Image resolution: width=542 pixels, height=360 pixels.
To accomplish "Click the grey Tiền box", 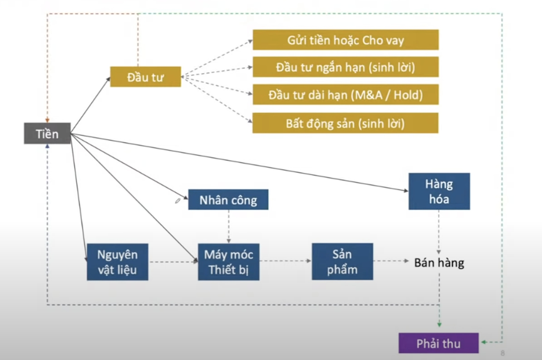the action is (47, 133).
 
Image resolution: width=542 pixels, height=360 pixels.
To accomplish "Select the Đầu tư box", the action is (146, 77).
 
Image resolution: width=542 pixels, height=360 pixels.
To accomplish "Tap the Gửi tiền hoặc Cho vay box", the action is (345, 40).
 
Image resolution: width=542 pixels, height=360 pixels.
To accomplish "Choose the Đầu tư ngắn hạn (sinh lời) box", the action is (345, 67).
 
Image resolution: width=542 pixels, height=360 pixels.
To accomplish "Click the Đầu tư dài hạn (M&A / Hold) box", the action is (345, 95).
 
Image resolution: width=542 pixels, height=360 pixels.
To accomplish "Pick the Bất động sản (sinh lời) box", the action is (345, 123).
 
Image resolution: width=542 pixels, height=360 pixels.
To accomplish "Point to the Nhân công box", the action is (228, 200).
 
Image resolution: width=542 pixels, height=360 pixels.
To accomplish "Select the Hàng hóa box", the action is (439, 191).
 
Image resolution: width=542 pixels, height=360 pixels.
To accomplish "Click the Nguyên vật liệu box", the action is (118, 262).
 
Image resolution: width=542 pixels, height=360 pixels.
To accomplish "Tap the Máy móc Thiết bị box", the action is (229, 262).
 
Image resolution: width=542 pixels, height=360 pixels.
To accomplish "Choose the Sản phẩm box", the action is (342, 262).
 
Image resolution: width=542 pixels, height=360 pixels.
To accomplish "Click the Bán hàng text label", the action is (439, 263).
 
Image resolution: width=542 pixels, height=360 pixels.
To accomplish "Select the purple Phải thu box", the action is (439, 343).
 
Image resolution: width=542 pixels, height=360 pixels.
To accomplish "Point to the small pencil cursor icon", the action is (178, 201).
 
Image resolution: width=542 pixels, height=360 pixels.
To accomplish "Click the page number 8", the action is (503, 353).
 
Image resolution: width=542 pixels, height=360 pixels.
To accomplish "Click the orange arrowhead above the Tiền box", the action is (48, 120).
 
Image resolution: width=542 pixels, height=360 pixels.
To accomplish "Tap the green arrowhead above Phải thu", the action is (439, 325).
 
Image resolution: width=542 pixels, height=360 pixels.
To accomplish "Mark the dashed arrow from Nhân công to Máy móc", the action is (229, 226).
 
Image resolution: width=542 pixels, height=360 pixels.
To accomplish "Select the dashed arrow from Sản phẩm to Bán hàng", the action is (391, 261).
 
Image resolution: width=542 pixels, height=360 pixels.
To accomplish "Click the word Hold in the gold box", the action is (408, 95).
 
